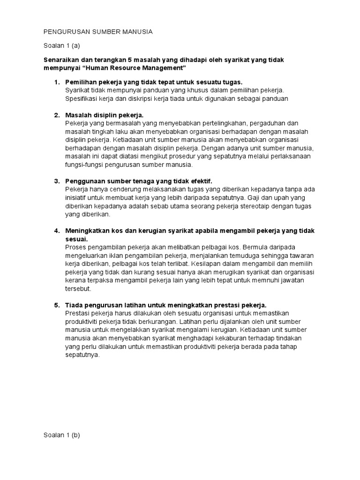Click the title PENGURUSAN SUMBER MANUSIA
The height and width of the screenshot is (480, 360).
[x=98, y=32]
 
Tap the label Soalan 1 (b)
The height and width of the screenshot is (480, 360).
[x=61, y=435]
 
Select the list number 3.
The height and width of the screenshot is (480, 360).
[x=57, y=181]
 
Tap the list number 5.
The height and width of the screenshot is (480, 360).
[x=57, y=305]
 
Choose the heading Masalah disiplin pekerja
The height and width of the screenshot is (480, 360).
[x=105, y=115]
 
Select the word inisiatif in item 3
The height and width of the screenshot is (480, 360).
[x=77, y=198]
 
